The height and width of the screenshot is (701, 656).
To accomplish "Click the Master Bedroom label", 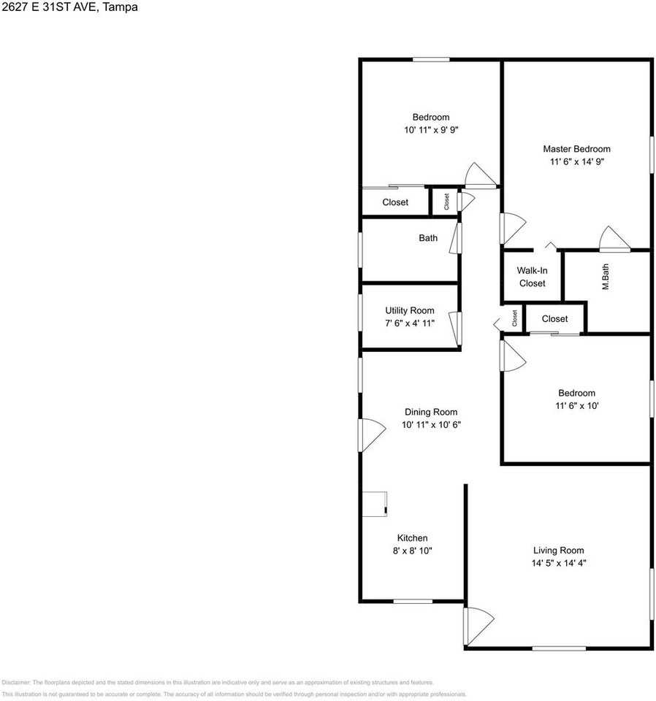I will pos(576,149).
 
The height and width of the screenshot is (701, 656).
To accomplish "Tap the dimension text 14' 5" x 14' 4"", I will pos(559,563).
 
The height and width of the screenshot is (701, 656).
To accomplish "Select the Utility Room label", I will pos(410,310).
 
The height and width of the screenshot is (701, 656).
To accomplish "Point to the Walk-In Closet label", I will pos(532,277).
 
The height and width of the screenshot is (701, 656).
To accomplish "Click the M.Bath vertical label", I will pos(606,277).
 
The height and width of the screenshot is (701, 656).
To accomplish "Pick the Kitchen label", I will pos(412,538).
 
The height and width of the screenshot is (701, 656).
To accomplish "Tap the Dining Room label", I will pos(431,412).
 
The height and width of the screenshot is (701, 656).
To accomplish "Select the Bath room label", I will pos(428,238).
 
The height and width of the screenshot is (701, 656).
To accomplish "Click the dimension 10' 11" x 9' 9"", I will pos(431,130).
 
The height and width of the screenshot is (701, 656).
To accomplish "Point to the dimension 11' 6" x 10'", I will pos(576,406).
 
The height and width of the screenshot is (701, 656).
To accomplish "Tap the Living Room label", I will pos(559,550).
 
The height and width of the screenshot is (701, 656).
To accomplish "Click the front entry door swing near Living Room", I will pos(477,625).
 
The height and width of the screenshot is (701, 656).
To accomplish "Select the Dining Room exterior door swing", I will pos(371,435).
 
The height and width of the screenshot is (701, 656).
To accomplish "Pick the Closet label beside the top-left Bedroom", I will pos(395,202).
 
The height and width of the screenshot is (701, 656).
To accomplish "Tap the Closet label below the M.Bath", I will pos(555,318).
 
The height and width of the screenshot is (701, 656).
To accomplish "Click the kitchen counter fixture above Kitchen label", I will pos(375,504).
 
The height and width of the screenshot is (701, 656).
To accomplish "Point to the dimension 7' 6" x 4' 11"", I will pos(410,323).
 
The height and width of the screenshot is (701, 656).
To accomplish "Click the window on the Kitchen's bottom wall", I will pos(413,601).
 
